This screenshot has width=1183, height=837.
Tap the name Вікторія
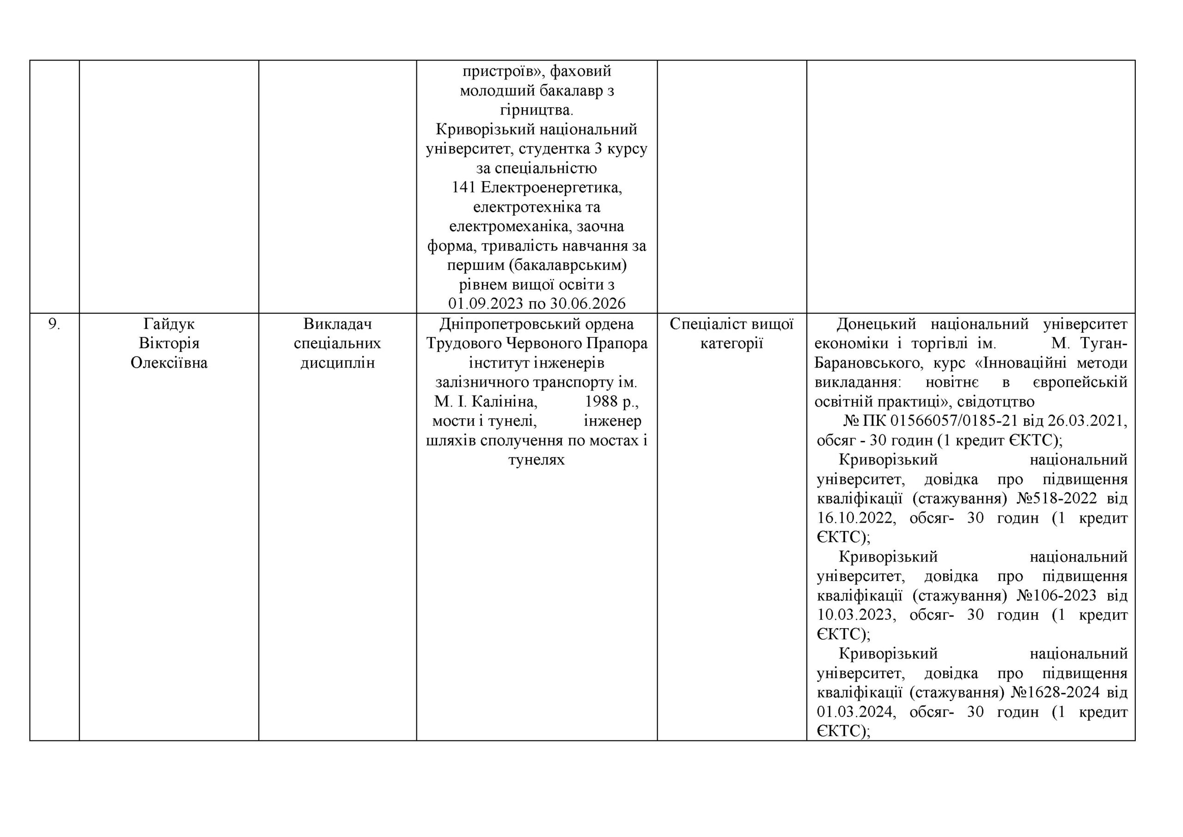pyautogui.click(x=169, y=344)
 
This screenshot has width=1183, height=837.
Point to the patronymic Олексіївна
pyautogui.click(x=169, y=363)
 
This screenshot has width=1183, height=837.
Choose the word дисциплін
pyautogui.click(x=337, y=363)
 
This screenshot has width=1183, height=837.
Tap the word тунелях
pyautogui.click(x=537, y=460)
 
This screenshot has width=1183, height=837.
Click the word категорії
pyautogui.click(x=731, y=344)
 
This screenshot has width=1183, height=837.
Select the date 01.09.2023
pyautogui.click(x=487, y=304)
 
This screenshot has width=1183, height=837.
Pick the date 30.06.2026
pyautogui.click(x=587, y=304)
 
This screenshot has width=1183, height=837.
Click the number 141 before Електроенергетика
pyautogui.click(x=463, y=188)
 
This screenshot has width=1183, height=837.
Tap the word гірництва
pyautogui.click(x=537, y=110)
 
